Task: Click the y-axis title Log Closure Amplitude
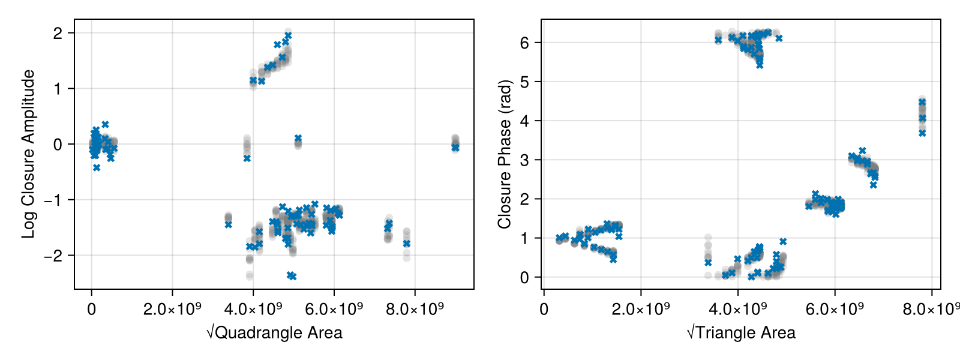[x=28, y=154]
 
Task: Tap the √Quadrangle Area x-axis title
[x=274, y=333]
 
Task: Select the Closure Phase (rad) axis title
[x=505, y=154]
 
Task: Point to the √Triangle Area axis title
[x=741, y=333]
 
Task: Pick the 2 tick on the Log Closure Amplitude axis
[x=58, y=33]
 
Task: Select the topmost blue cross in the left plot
[x=288, y=36]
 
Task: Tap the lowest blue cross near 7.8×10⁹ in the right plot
[x=922, y=133]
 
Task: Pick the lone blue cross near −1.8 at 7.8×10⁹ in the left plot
[x=407, y=244]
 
